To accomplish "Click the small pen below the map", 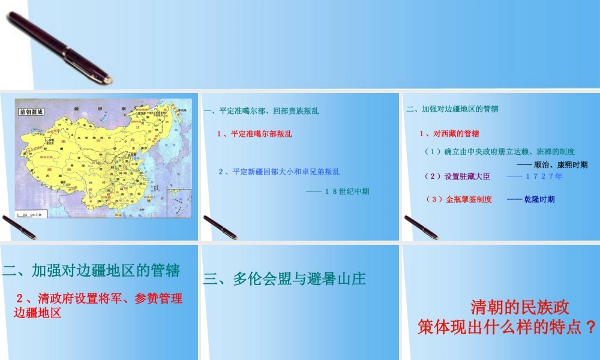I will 19,227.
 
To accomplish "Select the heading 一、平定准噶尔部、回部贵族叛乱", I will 262,111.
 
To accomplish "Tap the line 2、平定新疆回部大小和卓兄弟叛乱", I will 279,172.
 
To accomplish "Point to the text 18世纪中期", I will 338,191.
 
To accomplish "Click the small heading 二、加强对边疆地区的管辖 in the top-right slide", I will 452,109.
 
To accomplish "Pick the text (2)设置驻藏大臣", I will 457,176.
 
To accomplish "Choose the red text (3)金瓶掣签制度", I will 458,199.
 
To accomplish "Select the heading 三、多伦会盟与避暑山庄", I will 285,279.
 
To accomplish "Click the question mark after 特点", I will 591,328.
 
